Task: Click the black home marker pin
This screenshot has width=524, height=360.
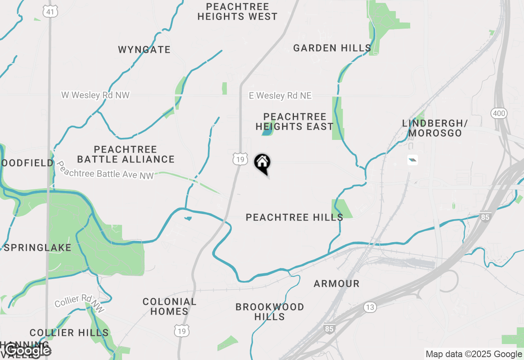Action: point(262,163)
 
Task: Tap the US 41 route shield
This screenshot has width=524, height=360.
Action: point(50,12)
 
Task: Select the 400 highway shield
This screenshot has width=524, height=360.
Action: point(499,113)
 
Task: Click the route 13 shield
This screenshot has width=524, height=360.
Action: point(370,308)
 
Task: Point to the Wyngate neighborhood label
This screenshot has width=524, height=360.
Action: point(144,50)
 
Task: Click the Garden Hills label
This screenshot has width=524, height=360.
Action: point(332,48)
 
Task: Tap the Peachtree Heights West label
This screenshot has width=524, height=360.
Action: point(237,12)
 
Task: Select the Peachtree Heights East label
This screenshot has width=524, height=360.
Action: point(295,122)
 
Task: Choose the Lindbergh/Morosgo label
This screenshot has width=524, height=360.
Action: point(435,128)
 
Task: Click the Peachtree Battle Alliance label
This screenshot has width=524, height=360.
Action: point(126,154)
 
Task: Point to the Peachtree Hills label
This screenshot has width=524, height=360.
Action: point(294,217)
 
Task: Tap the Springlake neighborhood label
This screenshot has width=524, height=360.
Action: point(38,248)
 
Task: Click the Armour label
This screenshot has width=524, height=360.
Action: point(337,283)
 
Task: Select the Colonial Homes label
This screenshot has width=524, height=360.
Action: point(169,307)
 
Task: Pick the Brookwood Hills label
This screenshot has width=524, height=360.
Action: point(270,312)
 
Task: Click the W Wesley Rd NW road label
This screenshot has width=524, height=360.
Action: point(95,95)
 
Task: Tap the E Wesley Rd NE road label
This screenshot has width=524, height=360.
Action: point(280,96)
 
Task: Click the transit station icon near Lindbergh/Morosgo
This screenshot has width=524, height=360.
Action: point(413,160)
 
